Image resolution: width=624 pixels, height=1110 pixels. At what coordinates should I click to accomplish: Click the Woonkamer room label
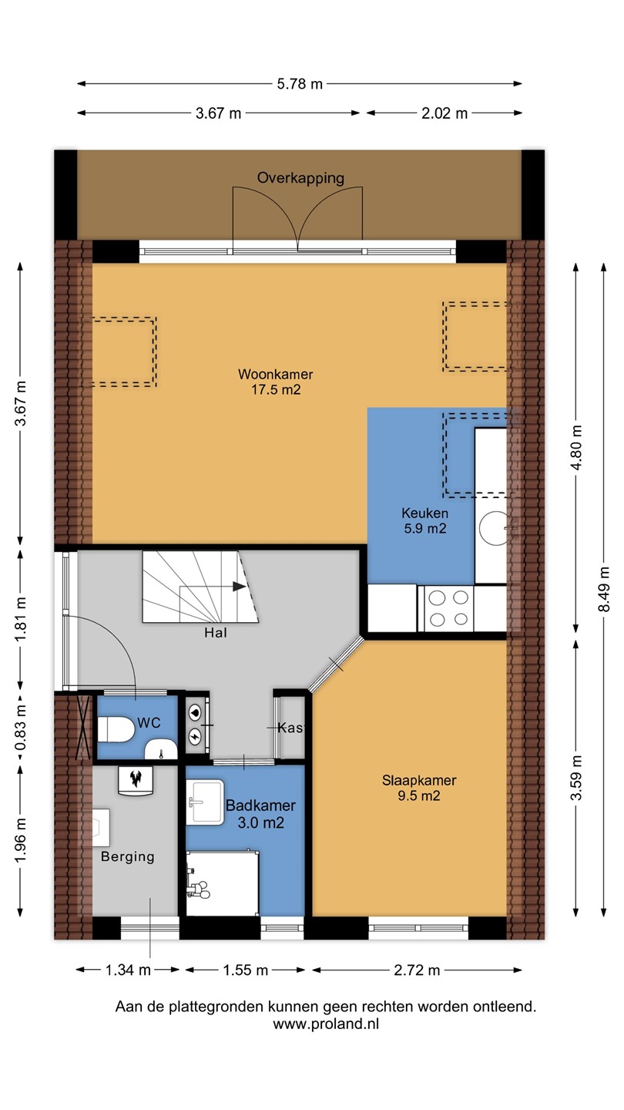(x=275, y=374)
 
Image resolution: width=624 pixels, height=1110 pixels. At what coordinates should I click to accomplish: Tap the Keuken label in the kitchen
(x=425, y=513)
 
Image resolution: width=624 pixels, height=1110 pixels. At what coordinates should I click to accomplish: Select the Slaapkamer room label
(x=419, y=780)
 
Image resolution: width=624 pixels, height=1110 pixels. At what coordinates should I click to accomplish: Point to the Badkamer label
(x=260, y=806)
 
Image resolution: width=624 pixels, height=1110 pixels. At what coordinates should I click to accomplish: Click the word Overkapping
(x=300, y=178)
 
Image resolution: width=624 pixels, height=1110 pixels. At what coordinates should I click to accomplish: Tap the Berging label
(x=128, y=857)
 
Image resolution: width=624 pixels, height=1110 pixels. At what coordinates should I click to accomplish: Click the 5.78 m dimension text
(x=300, y=84)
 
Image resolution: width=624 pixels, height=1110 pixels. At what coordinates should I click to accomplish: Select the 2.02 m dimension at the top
(x=445, y=113)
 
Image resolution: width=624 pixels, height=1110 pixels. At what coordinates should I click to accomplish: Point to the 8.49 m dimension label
(x=604, y=589)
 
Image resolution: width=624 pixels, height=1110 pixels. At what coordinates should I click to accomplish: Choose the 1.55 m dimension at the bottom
(x=245, y=970)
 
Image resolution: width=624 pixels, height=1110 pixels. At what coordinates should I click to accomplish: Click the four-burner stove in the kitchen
(x=446, y=608)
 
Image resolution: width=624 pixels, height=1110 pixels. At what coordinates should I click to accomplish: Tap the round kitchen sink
(x=494, y=528)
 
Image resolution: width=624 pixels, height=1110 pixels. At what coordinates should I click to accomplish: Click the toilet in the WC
(x=116, y=730)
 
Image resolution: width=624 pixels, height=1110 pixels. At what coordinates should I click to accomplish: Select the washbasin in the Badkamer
(x=206, y=802)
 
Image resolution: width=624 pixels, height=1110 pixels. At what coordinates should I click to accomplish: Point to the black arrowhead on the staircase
(x=240, y=586)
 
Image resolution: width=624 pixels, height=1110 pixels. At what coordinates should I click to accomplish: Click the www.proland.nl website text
(x=326, y=1024)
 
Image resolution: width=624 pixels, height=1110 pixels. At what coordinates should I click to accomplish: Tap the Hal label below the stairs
(x=216, y=633)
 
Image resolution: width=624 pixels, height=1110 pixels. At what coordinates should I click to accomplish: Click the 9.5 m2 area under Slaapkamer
(x=419, y=795)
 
